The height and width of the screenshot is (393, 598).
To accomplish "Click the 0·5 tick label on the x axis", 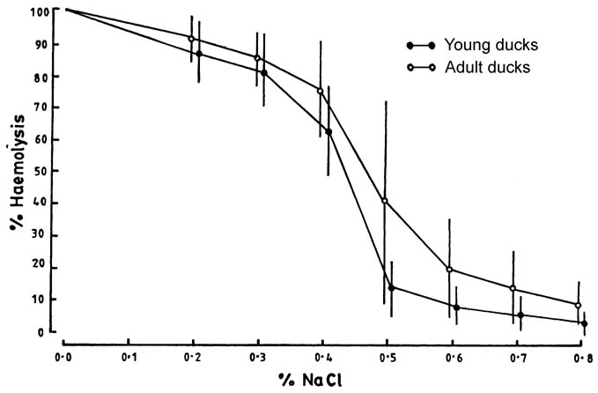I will pos(386,358).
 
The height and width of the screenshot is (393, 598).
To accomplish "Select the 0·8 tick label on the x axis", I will pos(580,358).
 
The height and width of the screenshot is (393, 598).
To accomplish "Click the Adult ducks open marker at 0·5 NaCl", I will pos(384,201).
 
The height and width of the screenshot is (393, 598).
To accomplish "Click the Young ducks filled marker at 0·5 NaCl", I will pos(391,287).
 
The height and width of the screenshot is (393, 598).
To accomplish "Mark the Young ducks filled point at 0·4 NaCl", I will pos(329,131).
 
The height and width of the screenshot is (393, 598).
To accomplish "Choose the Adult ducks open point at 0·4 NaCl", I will pos(320,91).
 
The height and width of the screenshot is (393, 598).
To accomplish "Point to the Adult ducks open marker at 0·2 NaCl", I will pos(191,39).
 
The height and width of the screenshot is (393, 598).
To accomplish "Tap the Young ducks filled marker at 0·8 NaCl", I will pos(584,323).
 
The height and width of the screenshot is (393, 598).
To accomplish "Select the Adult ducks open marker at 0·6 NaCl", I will pos(449,270).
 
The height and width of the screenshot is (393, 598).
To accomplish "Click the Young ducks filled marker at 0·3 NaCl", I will pos(264,73).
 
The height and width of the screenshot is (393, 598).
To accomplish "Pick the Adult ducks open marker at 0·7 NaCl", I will pos(513,289).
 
